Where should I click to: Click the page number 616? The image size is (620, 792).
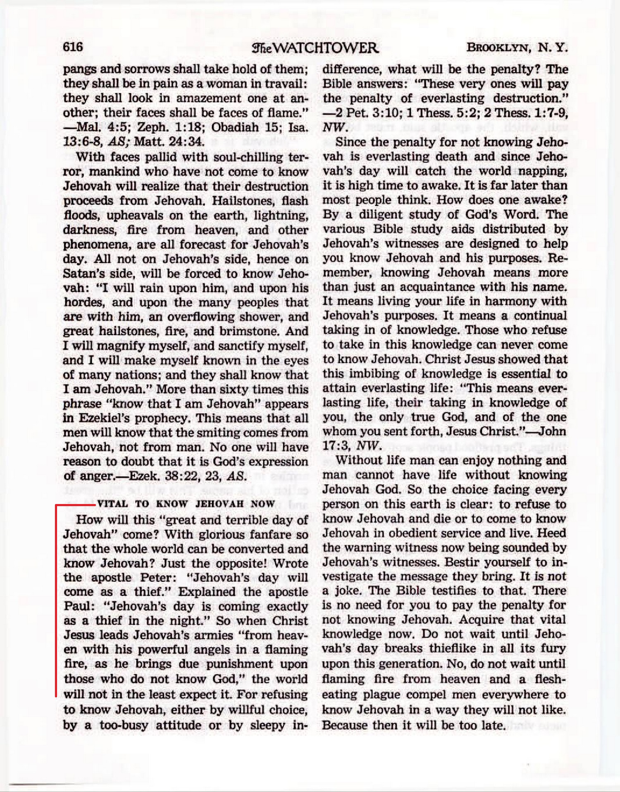click(x=73, y=47)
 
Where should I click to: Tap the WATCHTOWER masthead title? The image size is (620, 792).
click(x=315, y=48)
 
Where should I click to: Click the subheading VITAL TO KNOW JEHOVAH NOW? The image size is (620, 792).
click(x=186, y=504)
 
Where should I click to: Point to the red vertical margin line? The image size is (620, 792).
click(x=56, y=599)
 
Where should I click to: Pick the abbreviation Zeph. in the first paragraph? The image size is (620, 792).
click(x=153, y=127)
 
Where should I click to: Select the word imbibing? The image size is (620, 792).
click(x=374, y=373)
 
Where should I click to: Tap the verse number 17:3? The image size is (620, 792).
click(x=336, y=446)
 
